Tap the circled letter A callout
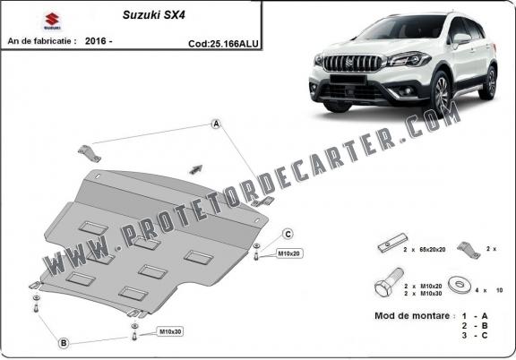pyautogui.click(x=216, y=124)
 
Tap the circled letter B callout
pyautogui.click(x=64, y=342)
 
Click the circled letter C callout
pyautogui.click(x=288, y=234)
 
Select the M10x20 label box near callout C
pyautogui.click(x=289, y=253)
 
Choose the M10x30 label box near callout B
pyautogui.click(x=170, y=332)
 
